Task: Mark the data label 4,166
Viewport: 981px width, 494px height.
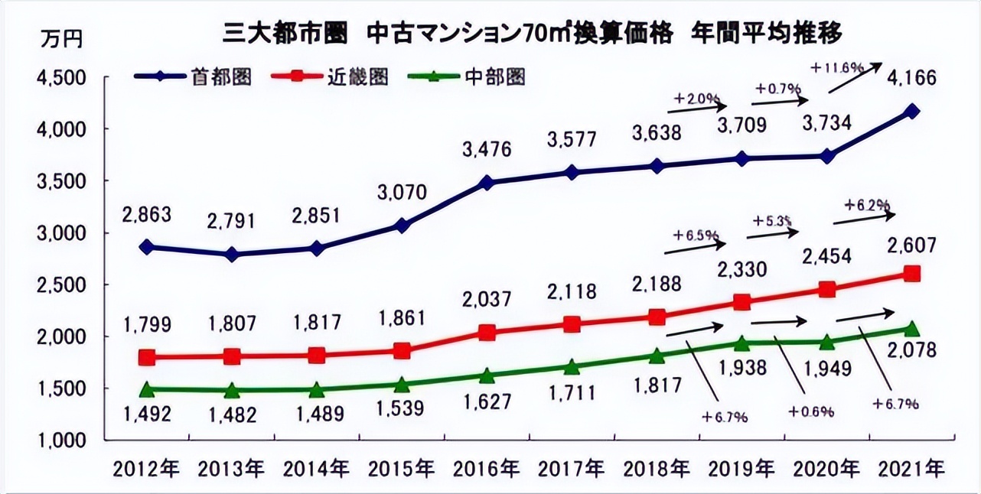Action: click(911, 78)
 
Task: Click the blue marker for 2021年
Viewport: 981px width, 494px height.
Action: click(911, 112)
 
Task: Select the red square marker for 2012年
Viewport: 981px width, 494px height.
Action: click(147, 357)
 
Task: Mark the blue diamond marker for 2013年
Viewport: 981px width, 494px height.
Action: click(232, 255)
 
